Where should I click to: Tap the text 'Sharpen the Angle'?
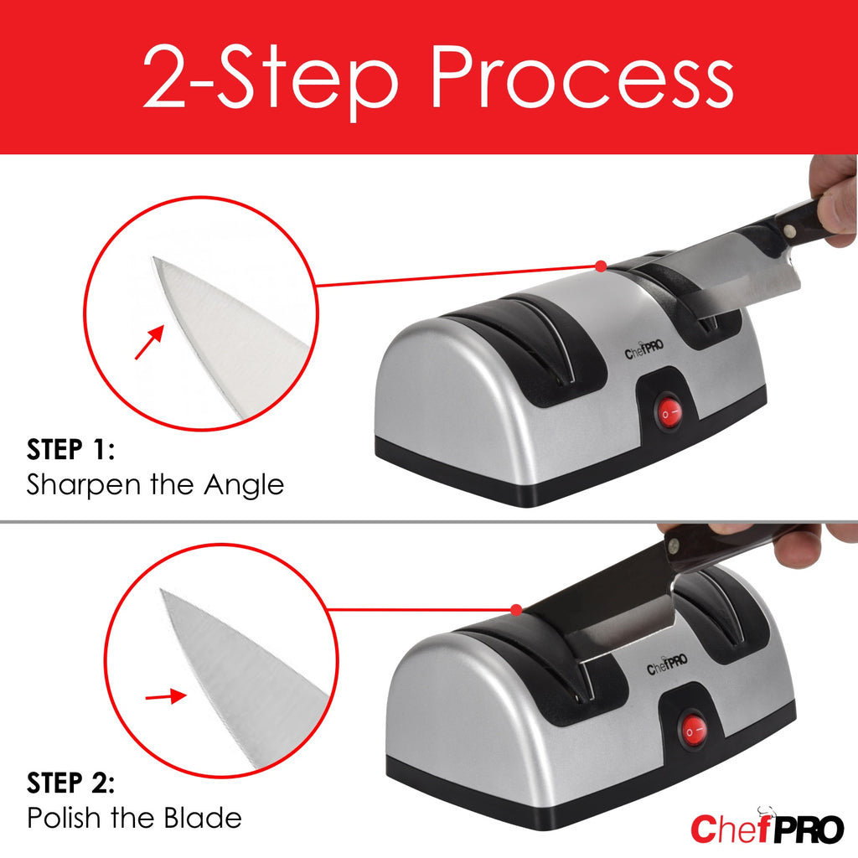[155, 484]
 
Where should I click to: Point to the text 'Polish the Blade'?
[134, 817]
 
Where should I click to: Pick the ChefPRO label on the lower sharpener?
[666, 669]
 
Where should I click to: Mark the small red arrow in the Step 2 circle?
[166, 696]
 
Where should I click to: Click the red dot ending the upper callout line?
[600, 266]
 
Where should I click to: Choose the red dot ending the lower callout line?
[517, 609]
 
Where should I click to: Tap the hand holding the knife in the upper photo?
[834, 201]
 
